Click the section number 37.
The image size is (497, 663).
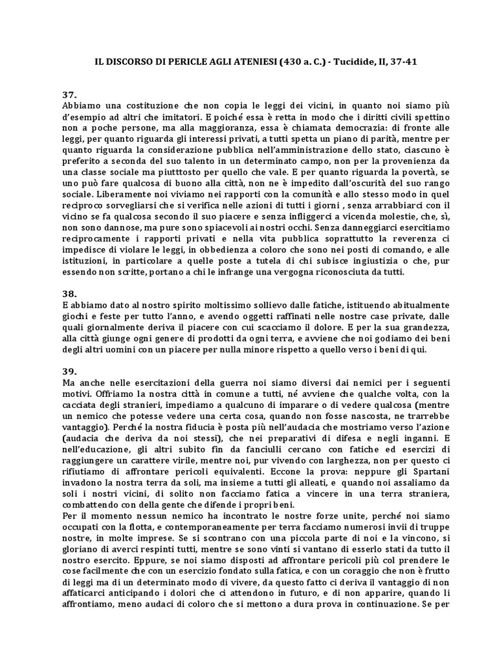pyautogui.click(x=69, y=95)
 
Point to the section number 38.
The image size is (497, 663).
pyautogui.click(x=69, y=293)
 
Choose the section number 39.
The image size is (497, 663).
pyautogui.click(x=69, y=372)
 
